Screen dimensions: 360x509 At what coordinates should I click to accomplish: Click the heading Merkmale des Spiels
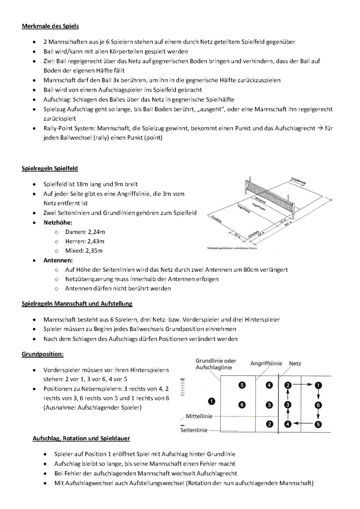50,26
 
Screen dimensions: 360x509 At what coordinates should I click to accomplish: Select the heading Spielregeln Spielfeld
50,168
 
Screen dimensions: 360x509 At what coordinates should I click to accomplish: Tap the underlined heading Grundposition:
43,354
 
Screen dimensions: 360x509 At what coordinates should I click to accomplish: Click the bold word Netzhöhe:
58,222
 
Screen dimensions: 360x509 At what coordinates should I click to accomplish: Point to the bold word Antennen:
58,260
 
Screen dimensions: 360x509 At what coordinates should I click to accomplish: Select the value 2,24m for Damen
96,232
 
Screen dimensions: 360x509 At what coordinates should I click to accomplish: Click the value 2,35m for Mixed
94,251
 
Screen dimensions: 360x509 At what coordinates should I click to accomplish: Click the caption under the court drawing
232,248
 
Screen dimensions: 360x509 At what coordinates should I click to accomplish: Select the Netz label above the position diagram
295,364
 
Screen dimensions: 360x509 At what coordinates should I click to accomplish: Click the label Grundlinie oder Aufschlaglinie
216,364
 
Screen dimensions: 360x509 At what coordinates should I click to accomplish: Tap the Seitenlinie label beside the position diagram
194,430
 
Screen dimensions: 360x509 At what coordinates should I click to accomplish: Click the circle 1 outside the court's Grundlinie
212,401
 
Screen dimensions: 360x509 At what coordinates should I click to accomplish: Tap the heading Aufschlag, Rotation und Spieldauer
81,438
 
